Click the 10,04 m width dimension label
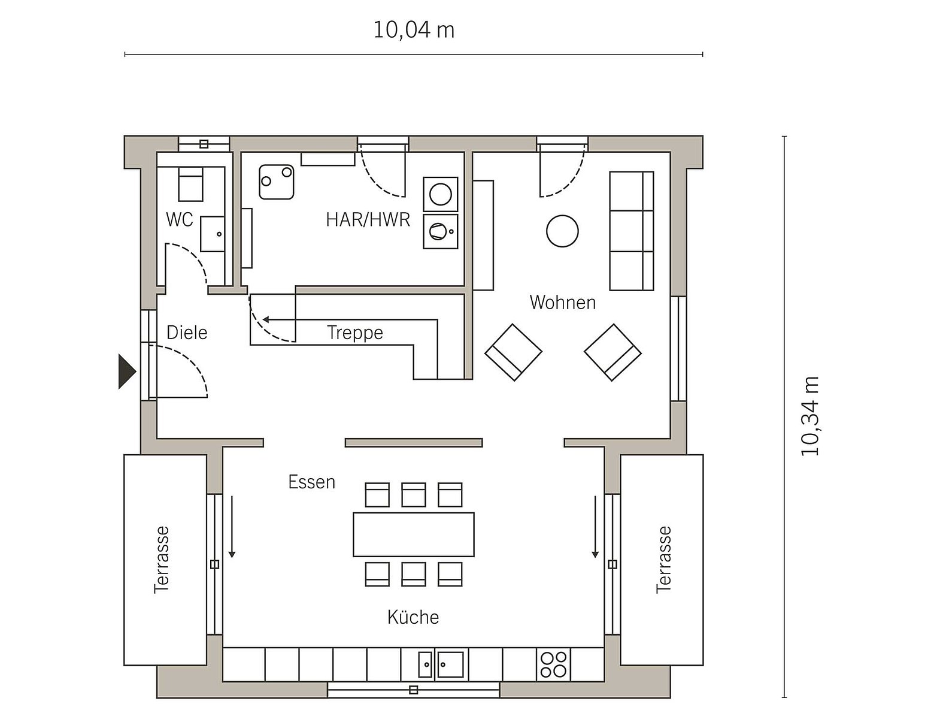[414, 30]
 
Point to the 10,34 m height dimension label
[809, 416]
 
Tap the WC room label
[180, 219]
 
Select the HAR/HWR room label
[368, 219]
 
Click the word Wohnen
[562, 302]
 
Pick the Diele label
[187, 333]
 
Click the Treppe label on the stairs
[355, 333]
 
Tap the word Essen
[311, 482]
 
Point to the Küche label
[413, 618]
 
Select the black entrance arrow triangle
[126, 371]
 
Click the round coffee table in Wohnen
[562, 231]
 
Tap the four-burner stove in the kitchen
[553, 664]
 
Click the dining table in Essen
[414, 534]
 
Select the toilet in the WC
[190, 185]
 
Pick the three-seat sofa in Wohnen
[632, 231]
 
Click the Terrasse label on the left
[162, 560]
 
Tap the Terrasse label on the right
[663, 560]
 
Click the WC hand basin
[213, 234]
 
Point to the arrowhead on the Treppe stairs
[266, 319]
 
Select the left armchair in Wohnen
[513, 352]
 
